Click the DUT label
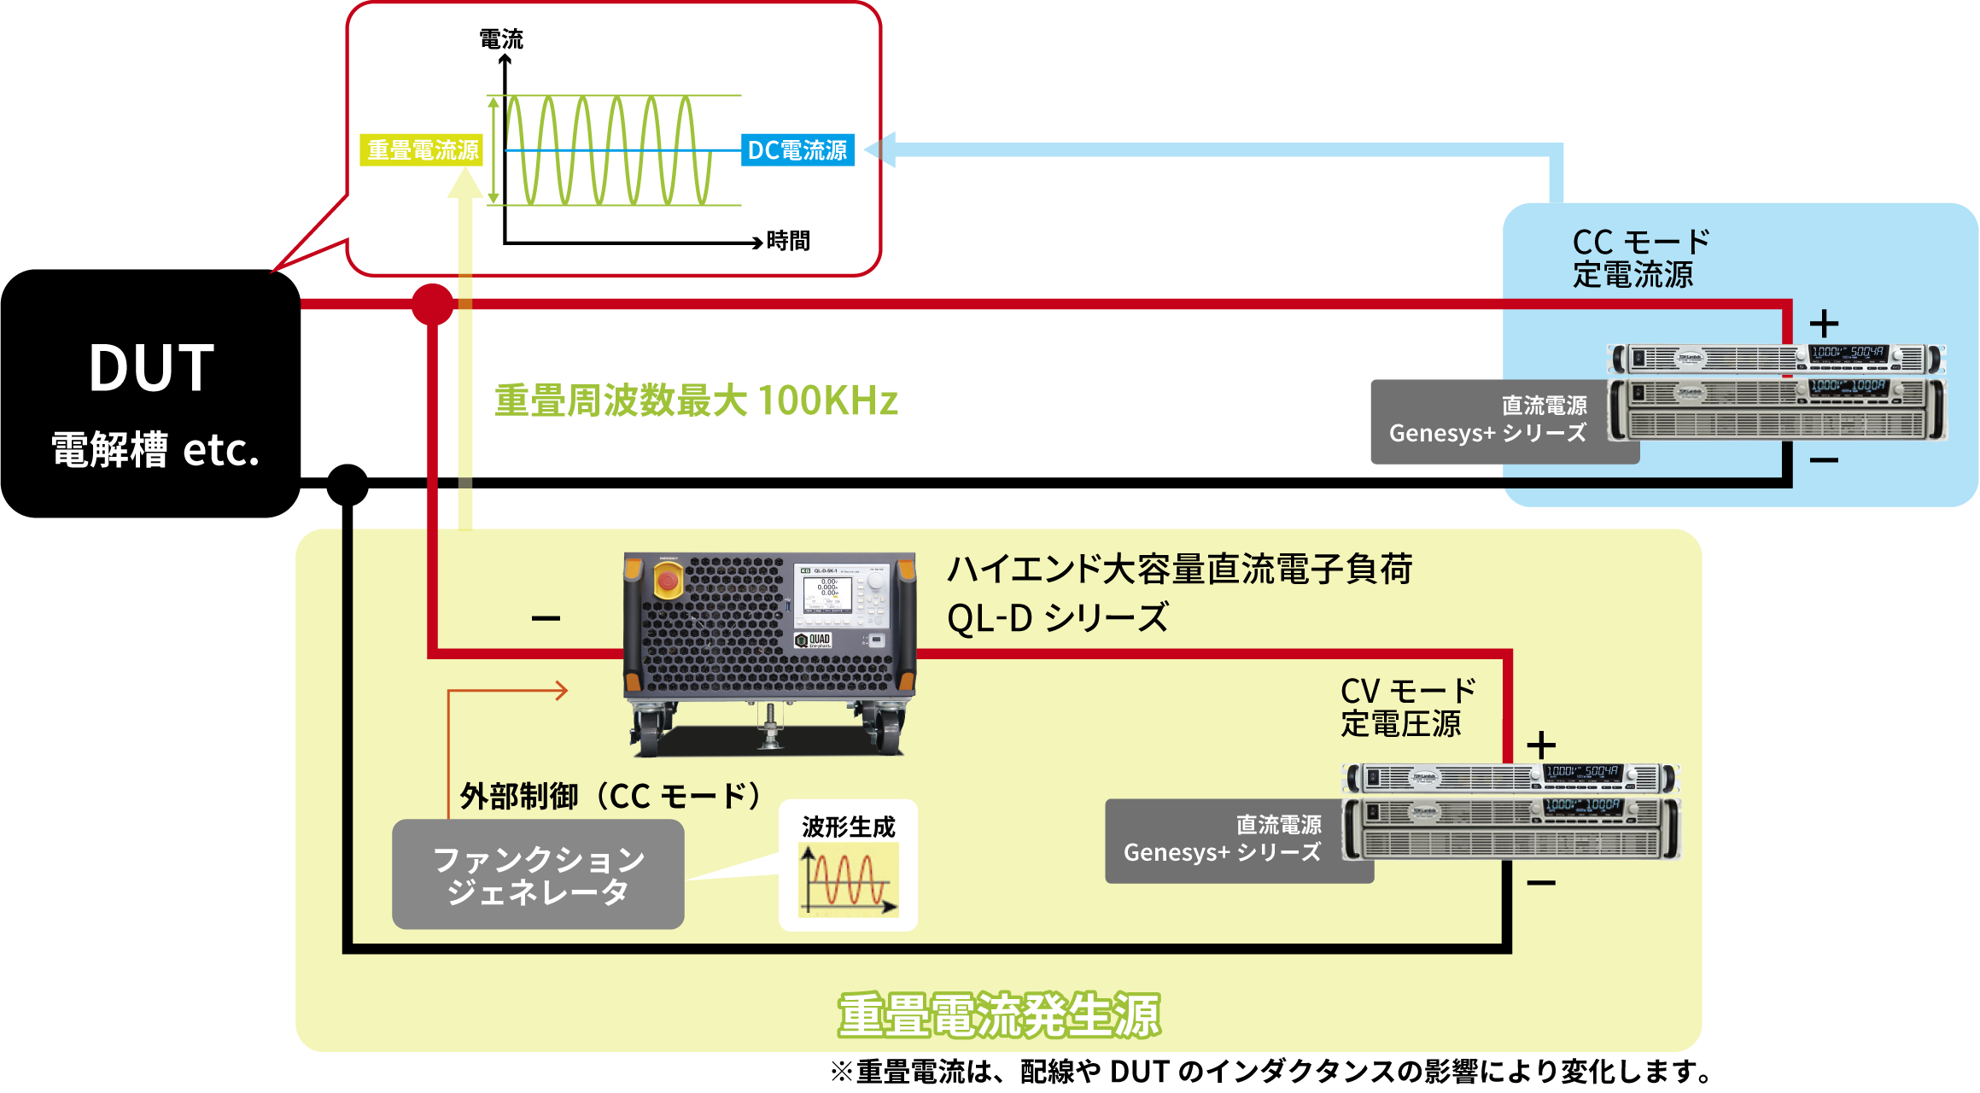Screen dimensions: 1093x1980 tap(152, 368)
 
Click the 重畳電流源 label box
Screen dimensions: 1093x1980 tap(423, 151)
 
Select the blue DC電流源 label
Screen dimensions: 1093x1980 tap(797, 151)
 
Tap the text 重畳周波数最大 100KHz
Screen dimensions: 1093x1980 tap(696, 400)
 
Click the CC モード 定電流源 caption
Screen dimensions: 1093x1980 tap(1639, 258)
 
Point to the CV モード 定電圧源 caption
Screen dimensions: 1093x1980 tap(1407, 707)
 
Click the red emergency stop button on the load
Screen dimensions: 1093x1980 tap(668, 582)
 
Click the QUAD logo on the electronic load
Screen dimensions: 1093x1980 tap(813, 640)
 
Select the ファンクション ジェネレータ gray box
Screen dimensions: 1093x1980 tap(538, 874)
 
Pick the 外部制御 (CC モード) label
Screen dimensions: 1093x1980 tap(610, 796)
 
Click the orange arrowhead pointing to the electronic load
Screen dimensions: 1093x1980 tap(561, 690)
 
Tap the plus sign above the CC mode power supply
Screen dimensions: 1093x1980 tap(1824, 324)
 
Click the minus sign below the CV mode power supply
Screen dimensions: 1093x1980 tap(1540, 883)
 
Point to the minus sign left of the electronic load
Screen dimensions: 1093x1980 tap(546, 618)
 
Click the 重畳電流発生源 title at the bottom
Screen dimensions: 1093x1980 tap(999, 1016)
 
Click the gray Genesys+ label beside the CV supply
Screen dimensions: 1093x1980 tap(1223, 839)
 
